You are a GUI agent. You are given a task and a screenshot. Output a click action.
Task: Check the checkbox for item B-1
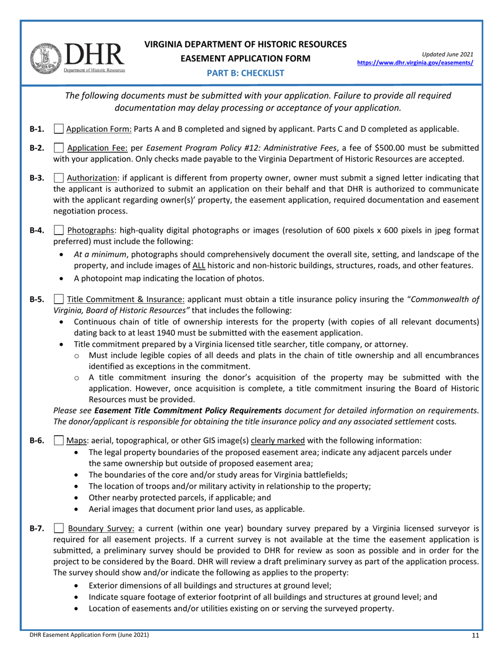point(59,129)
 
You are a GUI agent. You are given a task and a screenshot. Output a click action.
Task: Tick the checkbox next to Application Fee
point(59,148)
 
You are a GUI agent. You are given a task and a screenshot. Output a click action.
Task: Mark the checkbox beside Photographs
point(59,230)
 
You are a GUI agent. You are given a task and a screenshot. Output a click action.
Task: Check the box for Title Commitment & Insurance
point(59,300)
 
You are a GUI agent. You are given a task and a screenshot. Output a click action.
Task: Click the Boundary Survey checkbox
point(59,528)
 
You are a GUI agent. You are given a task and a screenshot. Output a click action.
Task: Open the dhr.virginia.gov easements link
point(415,62)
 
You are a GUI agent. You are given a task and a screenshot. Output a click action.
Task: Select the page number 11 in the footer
point(475,635)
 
